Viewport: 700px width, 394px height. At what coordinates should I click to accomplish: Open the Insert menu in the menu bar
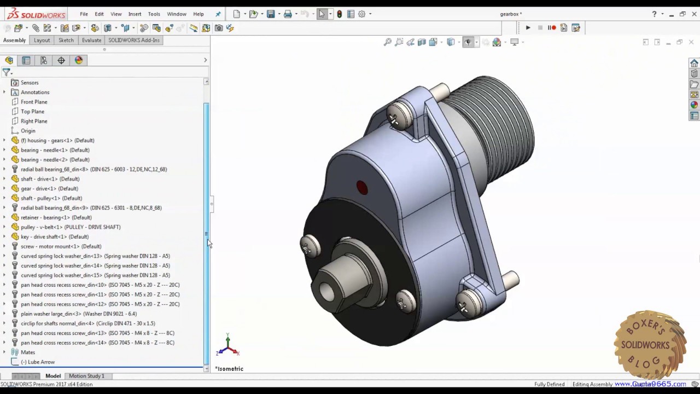[135, 14]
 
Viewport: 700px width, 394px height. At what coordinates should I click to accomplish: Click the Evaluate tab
[91, 40]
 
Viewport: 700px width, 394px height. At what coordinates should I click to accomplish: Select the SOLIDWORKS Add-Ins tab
[134, 40]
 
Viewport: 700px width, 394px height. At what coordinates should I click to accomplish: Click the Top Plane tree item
[32, 112]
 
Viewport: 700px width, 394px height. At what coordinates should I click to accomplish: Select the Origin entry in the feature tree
[28, 131]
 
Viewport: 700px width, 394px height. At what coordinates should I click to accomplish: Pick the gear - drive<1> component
[49, 189]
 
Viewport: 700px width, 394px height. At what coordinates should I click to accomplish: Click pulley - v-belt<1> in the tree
[70, 227]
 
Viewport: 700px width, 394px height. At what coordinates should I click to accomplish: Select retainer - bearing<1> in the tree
[56, 217]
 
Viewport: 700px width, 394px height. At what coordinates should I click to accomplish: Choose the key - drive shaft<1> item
[54, 237]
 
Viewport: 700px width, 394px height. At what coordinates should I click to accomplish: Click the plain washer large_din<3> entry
[78, 314]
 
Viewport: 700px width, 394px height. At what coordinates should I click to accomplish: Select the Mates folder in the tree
[27, 352]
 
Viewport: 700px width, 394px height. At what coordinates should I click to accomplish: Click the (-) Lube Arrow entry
[38, 362]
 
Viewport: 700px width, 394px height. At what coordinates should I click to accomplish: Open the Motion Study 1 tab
[86, 376]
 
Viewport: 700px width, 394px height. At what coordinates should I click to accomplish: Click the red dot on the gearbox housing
[362, 188]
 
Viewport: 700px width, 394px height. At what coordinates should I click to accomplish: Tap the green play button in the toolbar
[528, 28]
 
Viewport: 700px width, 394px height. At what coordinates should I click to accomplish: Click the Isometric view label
[229, 369]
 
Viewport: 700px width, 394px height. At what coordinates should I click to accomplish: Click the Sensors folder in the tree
[29, 83]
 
